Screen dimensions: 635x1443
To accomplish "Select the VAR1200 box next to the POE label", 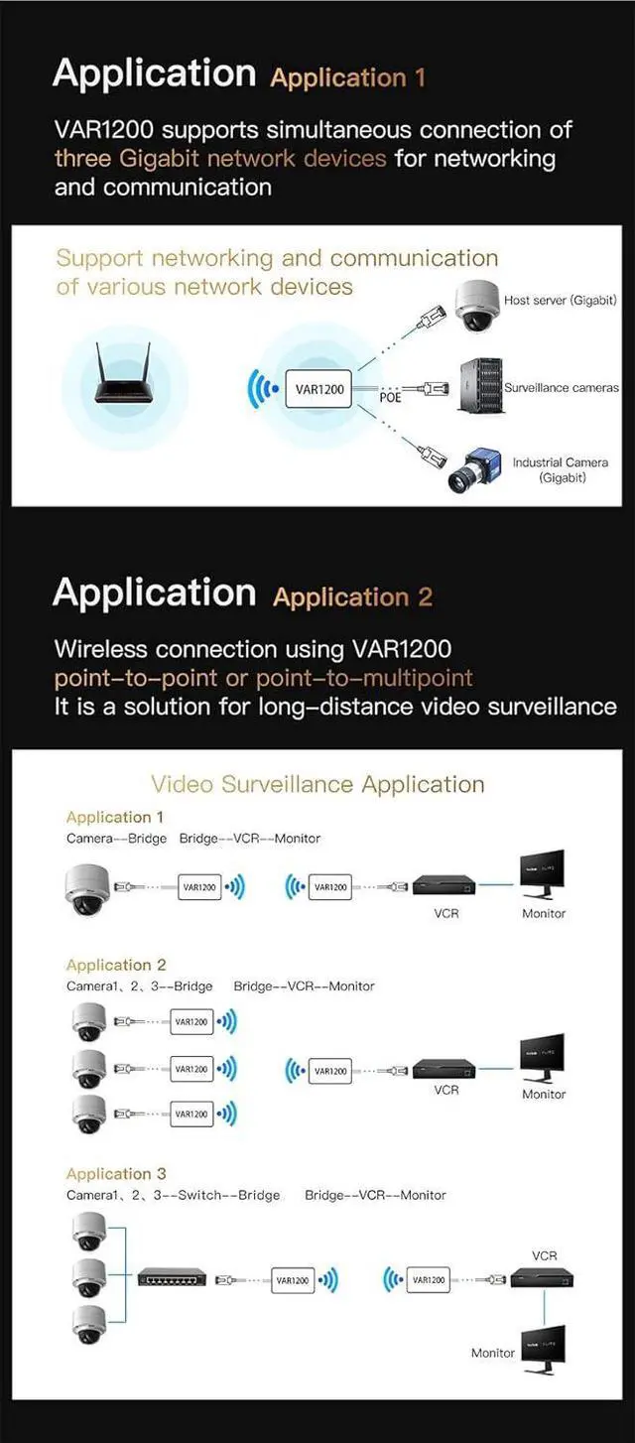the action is tap(319, 389).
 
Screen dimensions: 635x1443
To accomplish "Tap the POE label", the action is tap(390, 397).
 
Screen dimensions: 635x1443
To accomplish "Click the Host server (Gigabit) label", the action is tap(560, 300).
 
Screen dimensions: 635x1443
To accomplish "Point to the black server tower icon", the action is tap(479, 386).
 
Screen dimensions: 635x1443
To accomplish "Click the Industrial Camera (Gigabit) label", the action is tap(562, 469).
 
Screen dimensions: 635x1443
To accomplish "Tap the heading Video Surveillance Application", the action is tap(317, 784).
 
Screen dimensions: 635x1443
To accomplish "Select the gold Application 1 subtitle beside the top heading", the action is tap(347, 77).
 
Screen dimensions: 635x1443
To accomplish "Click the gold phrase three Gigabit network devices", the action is tap(220, 158).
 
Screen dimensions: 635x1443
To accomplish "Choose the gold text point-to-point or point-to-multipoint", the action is tap(263, 678).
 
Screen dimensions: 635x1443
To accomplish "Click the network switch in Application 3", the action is tap(172, 1278).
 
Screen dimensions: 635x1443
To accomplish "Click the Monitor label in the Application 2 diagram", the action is tap(544, 1094).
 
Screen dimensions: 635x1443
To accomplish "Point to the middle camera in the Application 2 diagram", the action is tap(89, 1068).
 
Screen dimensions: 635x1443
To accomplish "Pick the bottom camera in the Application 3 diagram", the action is tap(89, 1323).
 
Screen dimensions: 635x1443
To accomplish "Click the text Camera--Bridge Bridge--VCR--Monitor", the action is tap(193, 838).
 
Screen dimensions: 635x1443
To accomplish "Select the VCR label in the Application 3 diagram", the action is tap(545, 1255).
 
